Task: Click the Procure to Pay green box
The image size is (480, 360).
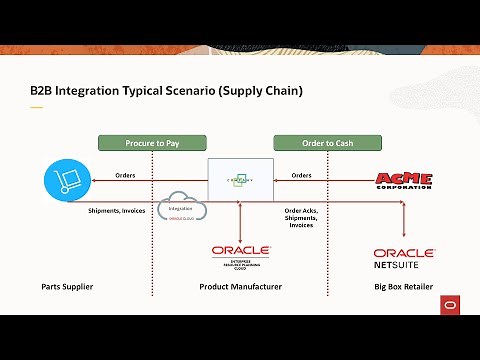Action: [152, 143]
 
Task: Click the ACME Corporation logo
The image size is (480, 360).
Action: [403, 180]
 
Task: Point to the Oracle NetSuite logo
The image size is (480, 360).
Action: [403, 259]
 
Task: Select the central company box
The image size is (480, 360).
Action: [240, 180]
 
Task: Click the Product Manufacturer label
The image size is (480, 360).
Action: [240, 287]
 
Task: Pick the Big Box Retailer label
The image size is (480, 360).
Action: [404, 287]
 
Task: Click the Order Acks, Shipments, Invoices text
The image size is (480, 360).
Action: [302, 218]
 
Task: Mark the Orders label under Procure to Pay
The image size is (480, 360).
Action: [126, 175]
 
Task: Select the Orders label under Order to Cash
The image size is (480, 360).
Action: [301, 175]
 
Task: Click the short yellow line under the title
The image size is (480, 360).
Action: [37, 107]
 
